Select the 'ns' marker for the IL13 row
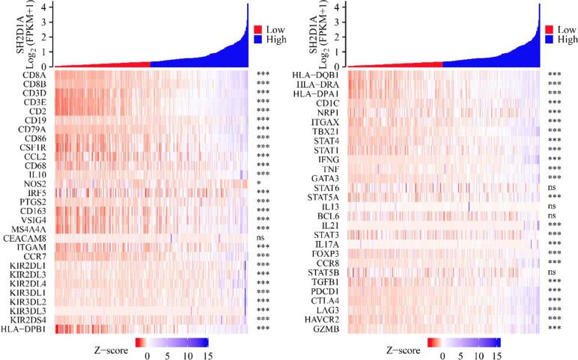click(552, 206)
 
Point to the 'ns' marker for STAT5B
click(552, 272)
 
